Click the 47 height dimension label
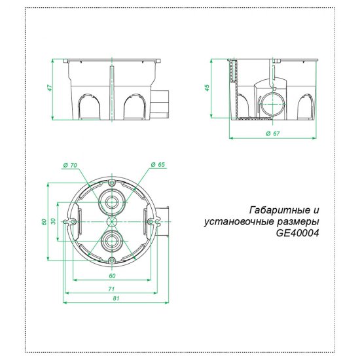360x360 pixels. (50, 88)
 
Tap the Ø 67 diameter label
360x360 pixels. (273, 134)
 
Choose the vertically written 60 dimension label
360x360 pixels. (43, 222)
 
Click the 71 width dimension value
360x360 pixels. (112, 289)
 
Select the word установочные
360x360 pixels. (240, 222)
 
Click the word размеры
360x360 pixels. (298, 222)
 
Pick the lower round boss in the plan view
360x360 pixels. (112, 242)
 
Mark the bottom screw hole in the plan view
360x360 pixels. (112, 262)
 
